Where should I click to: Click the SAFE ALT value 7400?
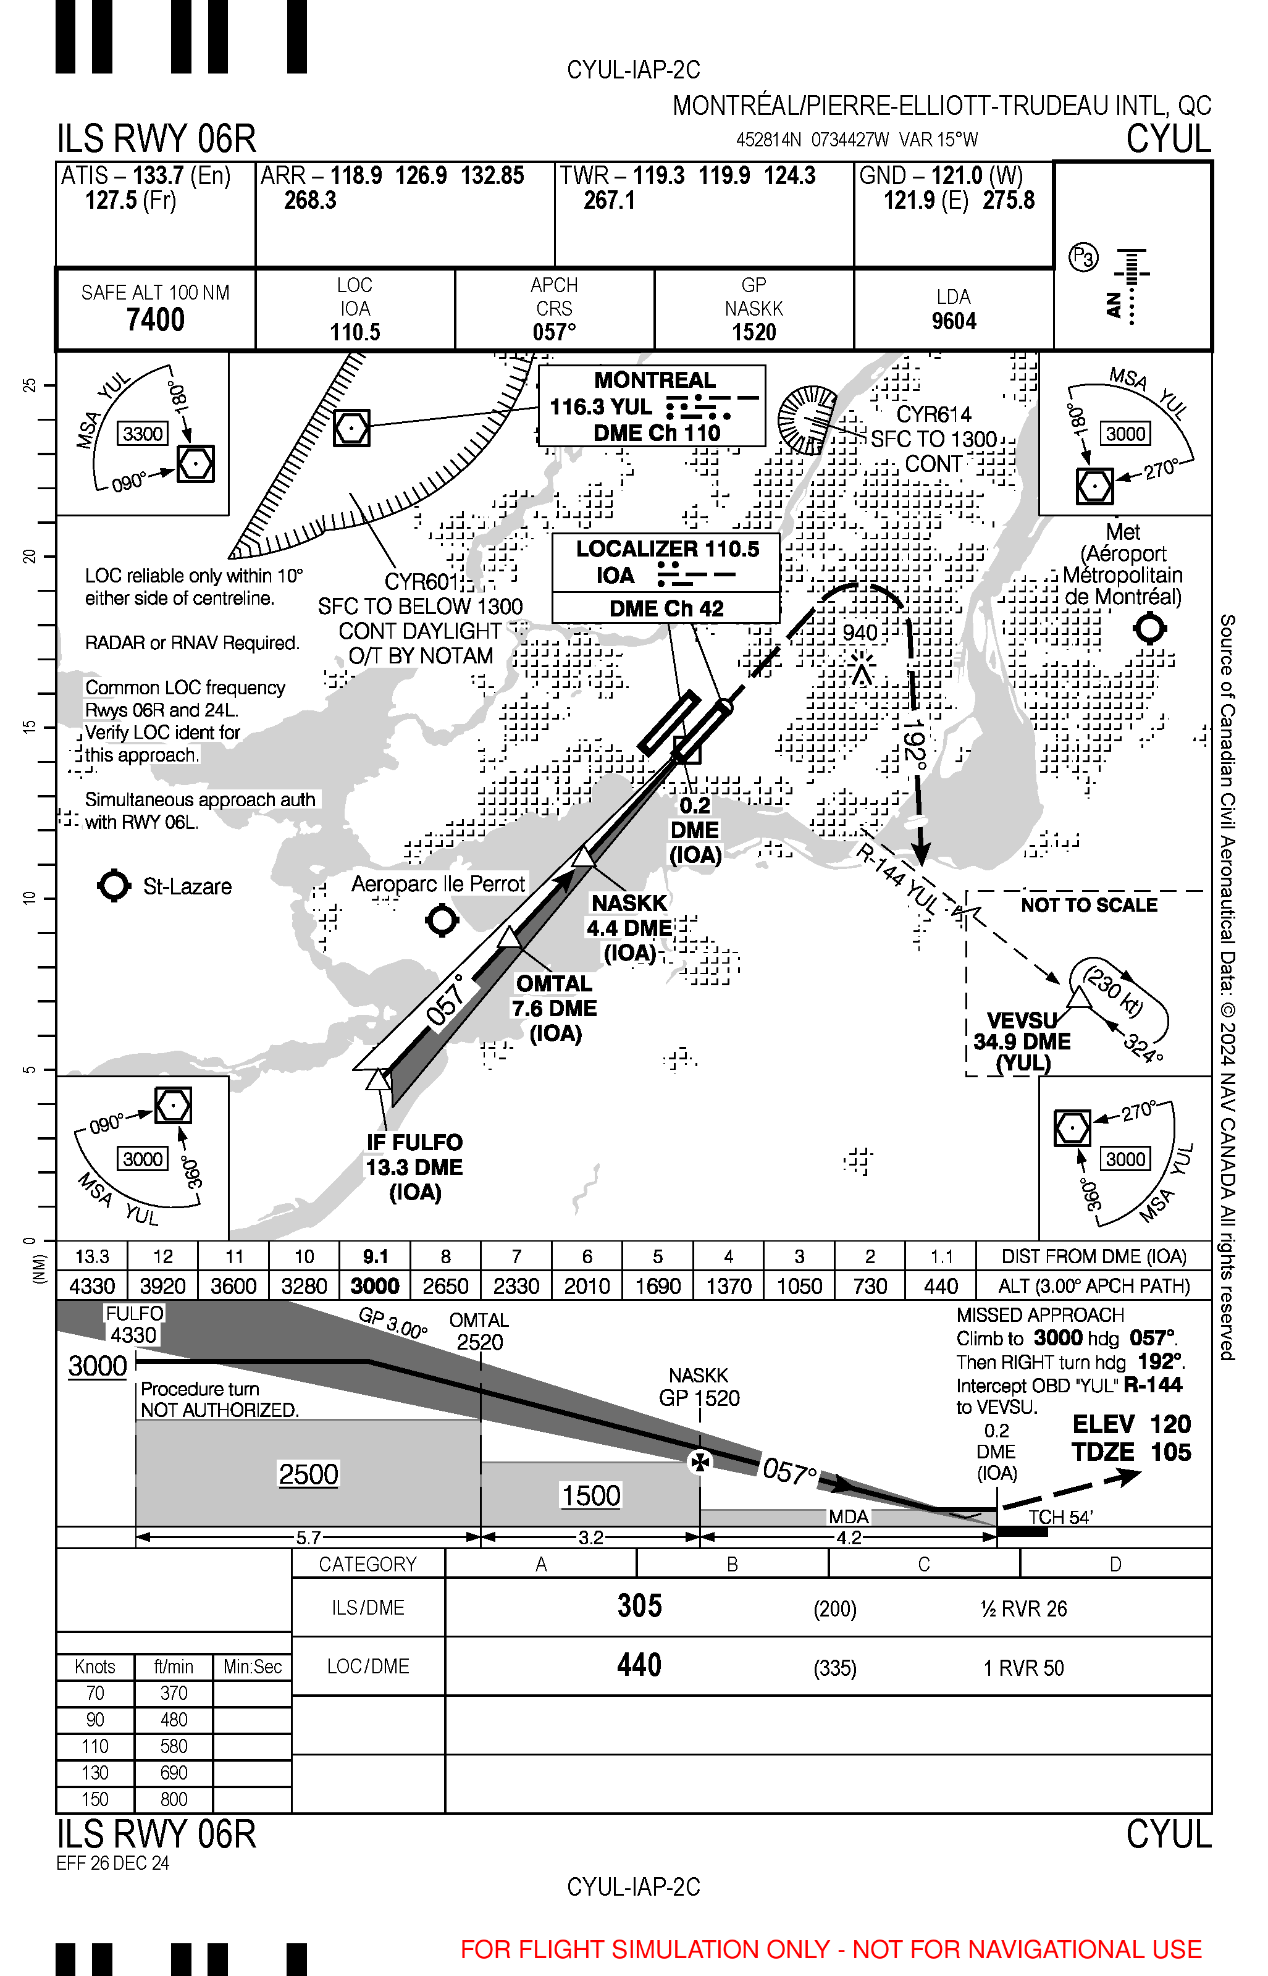pyautogui.click(x=155, y=319)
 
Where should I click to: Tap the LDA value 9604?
pyautogui.click(x=954, y=321)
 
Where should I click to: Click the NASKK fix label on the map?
pyautogui.click(x=629, y=903)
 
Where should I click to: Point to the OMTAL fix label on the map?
pyautogui.click(x=553, y=984)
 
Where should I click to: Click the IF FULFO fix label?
pyautogui.click(x=414, y=1143)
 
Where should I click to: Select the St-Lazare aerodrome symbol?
pyautogui.click(x=114, y=886)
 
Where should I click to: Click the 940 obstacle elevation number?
pyautogui.click(x=860, y=633)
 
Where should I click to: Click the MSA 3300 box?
pyautogui.click(x=143, y=434)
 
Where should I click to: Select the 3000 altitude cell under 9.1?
pyautogui.click(x=376, y=1286)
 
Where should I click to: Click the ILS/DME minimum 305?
pyautogui.click(x=640, y=1607)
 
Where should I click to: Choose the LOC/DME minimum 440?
pyautogui.click(x=640, y=1665)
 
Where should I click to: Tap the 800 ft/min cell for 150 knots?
pyautogui.click(x=174, y=1800)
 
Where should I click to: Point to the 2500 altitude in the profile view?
pyautogui.click(x=308, y=1474)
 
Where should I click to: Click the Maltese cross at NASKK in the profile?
pyautogui.click(x=699, y=1462)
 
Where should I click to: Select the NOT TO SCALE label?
pyautogui.click(x=1088, y=905)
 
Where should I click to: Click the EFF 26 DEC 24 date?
pyautogui.click(x=113, y=1863)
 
